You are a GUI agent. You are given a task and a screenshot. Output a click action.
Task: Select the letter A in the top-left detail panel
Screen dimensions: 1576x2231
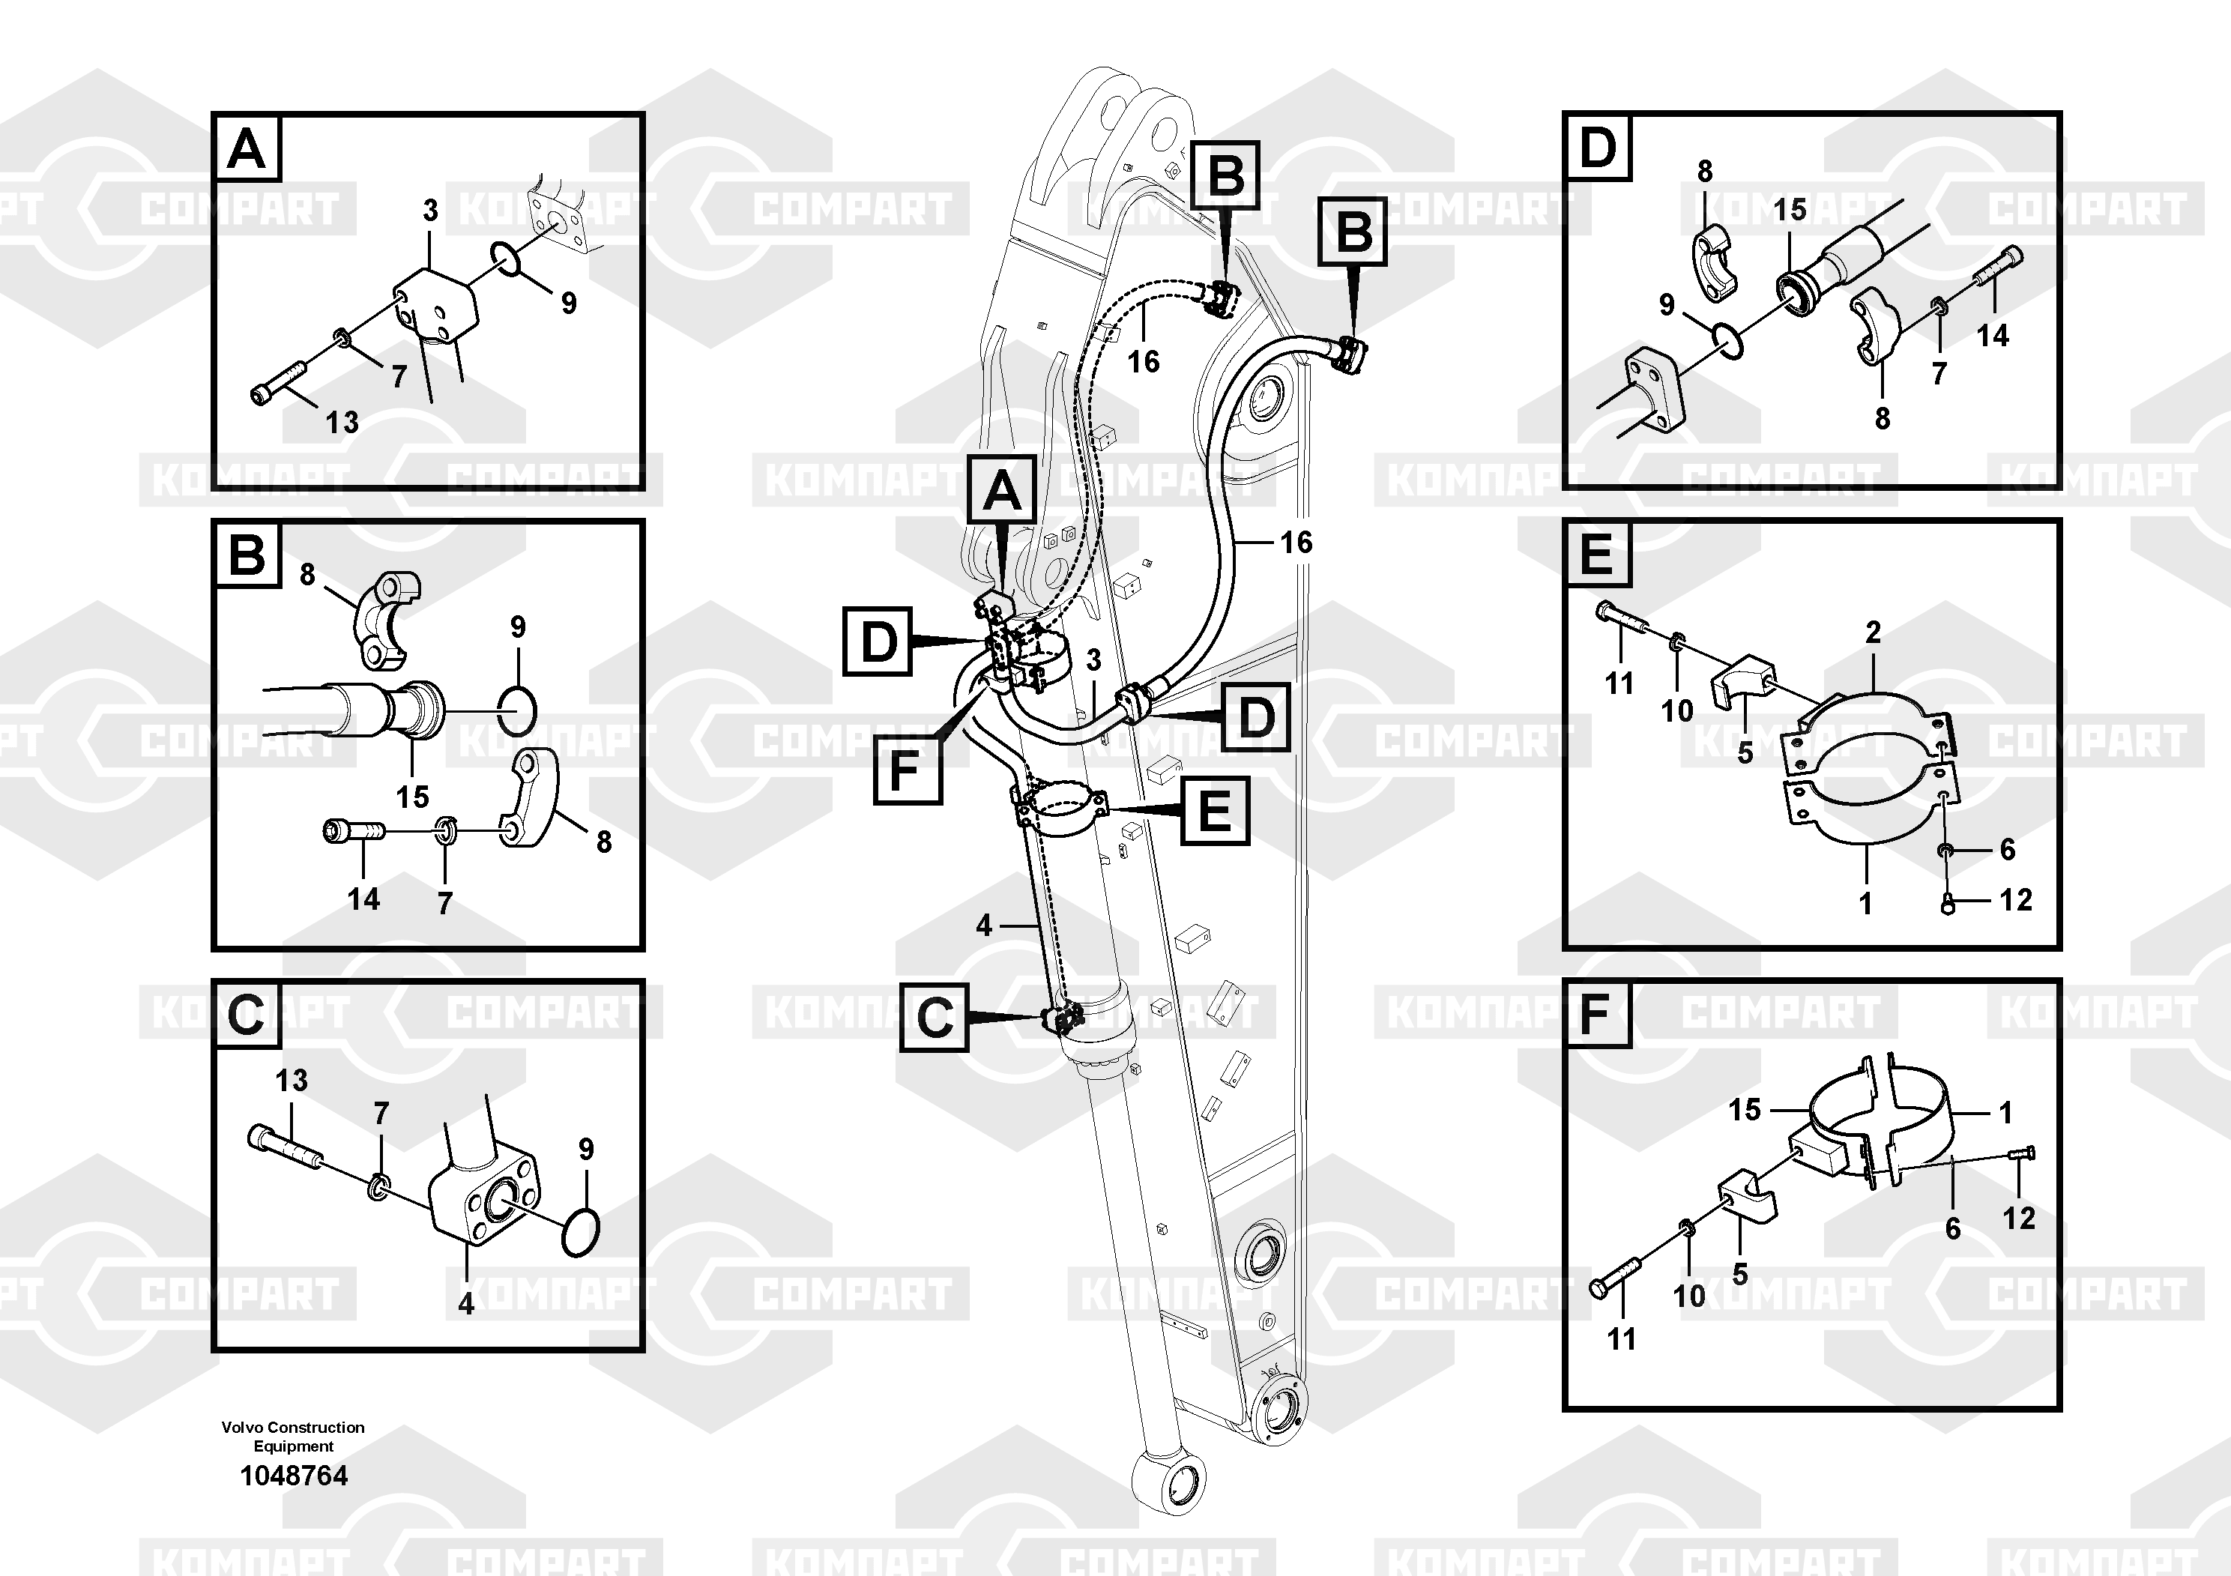coord(247,151)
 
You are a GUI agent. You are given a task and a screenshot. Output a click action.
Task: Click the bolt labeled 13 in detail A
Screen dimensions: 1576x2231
coord(278,383)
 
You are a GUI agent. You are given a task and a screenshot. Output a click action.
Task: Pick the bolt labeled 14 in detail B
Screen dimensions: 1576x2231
coord(354,832)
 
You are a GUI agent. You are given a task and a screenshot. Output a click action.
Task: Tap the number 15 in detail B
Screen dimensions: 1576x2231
coord(412,797)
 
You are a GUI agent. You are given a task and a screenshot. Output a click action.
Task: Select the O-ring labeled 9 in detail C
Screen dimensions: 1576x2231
coord(581,1231)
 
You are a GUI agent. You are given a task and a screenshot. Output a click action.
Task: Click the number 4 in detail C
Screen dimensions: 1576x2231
coord(466,1303)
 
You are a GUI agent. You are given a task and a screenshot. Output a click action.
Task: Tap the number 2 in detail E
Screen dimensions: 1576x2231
coord(1874,632)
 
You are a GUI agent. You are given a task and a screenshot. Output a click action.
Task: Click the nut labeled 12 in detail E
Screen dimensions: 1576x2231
coord(1947,905)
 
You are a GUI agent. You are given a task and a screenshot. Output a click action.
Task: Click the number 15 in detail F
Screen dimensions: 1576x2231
coord(1744,1110)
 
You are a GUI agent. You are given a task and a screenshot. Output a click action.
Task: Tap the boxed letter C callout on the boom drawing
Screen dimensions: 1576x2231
coord(934,1017)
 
